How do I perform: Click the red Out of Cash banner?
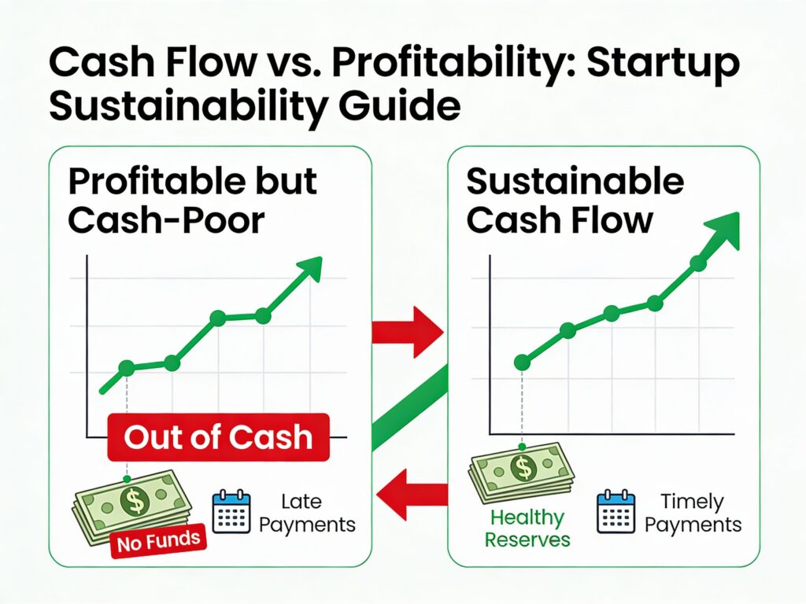218,436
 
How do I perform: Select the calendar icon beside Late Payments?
231,511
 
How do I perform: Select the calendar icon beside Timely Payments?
616,511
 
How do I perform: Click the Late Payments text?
307,513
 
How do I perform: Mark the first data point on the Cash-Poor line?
126,367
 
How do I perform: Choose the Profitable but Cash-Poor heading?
192,201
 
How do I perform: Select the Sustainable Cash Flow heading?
575,201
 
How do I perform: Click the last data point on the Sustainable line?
697,263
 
